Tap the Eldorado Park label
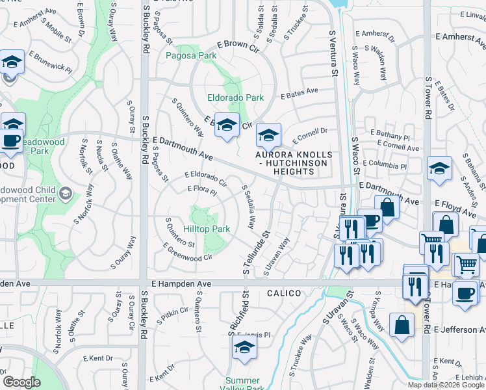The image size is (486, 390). tap(235, 97)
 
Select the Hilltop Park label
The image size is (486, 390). tap(207, 229)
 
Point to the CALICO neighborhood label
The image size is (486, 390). tap(284, 293)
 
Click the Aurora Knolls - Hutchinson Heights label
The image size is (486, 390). tap(294, 163)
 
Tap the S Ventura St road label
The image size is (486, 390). tap(334, 55)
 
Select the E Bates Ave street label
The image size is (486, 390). tap(300, 92)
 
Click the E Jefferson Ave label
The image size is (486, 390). tap(457, 330)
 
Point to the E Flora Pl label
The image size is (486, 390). tap(201, 189)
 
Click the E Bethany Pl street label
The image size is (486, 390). tap(390, 135)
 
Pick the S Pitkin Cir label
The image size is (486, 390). tap(173, 313)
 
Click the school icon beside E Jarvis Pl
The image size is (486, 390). tap(244, 348)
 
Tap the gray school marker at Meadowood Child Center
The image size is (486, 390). tap(65, 194)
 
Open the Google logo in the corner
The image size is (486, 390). tap(21, 382)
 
